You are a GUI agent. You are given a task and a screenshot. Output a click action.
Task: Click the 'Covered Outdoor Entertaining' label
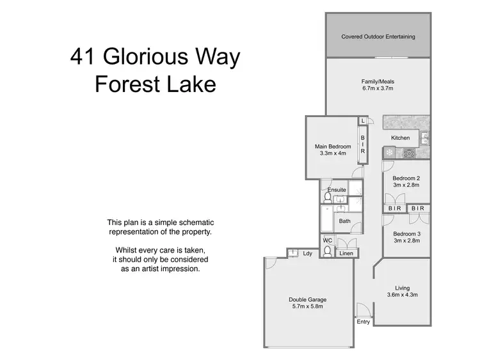click(x=378, y=36)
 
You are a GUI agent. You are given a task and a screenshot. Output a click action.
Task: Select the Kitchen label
click(x=401, y=138)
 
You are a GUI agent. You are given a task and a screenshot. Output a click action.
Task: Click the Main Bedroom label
click(x=333, y=146)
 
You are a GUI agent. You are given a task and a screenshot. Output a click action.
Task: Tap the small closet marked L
click(x=363, y=121)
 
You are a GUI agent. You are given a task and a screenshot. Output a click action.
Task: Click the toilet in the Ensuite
click(x=327, y=198)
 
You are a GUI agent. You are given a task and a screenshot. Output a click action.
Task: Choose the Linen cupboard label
click(x=346, y=254)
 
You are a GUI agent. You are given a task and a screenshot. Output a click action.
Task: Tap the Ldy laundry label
click(x=308, y=254)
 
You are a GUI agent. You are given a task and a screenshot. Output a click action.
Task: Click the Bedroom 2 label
click(x=406, y=178)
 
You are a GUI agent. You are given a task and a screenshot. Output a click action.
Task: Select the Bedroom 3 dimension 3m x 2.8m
click(x=406, y=240)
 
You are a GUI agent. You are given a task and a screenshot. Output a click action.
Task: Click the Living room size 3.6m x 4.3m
click(x=402, y=295)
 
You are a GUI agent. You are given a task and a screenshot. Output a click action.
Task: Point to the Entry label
click(x=364, y=322)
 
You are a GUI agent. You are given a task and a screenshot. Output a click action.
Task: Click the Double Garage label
click(x=308, y=299)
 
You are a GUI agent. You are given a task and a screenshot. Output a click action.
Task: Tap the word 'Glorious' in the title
click(x=155, y=58)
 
